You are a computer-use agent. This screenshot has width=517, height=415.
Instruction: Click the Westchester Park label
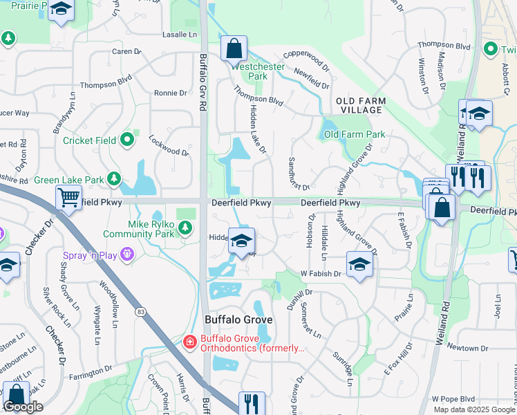pyautogui.click(x=248, y=71)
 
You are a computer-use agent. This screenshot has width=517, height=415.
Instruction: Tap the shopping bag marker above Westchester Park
pyautogui.click(x=234, y=48)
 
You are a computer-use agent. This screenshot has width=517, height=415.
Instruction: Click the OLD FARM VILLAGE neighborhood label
pyautogui.click(x=361, y=105)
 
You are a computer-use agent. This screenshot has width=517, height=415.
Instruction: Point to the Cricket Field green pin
pyautogui.click(x=127, y=140)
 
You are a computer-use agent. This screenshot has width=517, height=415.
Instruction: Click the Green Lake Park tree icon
pyautogui.click(x=113, y=180)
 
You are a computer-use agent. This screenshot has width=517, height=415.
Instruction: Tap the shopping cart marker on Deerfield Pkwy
pyautogui.click(x=68, y=197)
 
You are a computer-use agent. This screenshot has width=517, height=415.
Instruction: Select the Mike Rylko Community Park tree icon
pyautogui.click(x=185, y=228)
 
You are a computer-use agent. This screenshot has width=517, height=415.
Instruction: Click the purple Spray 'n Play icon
pyautogui.click(x=126, y=256)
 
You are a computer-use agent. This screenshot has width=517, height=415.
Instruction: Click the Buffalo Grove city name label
pyautogui.click(x=238, y=320)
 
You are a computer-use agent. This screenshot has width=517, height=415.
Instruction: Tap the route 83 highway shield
pyautogui.click(x=141, y=313)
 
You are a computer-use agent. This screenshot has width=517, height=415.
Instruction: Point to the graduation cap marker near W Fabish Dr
pyautogui.click(x=359, y=264)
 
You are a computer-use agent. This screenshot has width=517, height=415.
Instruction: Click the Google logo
pyautogui.click(x=23, y=407)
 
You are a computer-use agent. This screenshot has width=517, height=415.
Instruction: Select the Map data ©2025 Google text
pyautogui.click(x=474, y=409)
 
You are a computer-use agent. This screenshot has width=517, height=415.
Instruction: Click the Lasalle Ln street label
pyautogui.click(x=179, y=34)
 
